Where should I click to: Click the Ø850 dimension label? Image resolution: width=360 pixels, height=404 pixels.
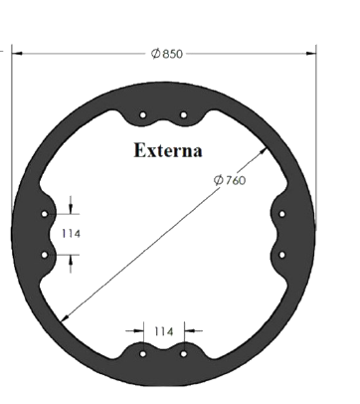click(x=167, y=54)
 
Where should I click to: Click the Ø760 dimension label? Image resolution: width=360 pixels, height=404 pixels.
click(x=230, y=180)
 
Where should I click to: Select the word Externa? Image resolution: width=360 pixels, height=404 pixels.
click(x=168, y=150)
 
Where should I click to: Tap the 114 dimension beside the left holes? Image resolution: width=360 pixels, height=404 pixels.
click(x=71, y=234)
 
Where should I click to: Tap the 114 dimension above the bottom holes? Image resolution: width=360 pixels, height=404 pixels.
click(x=164, y=331)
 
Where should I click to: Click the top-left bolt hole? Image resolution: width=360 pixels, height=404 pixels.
click(x=143, y=115)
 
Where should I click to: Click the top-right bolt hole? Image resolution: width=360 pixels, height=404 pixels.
click(x=184, y=115)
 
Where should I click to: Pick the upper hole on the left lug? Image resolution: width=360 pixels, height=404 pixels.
click(x=45, y=214)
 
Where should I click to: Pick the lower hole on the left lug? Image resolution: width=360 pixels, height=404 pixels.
click(x=45, y=255)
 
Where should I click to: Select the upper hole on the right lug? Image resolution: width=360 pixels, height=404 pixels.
click(x=282, y=214)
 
